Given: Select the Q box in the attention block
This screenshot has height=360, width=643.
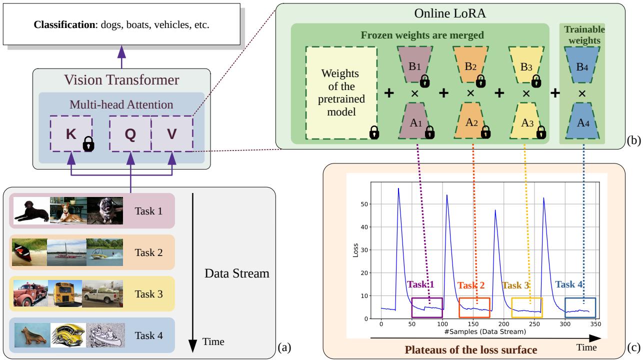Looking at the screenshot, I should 130,134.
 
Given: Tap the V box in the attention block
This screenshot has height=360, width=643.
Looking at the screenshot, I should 172,134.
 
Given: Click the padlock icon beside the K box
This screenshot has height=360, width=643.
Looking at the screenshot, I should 88,144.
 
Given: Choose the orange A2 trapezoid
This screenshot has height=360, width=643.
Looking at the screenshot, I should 470,120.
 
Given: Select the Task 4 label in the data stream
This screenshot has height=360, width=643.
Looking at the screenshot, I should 148,335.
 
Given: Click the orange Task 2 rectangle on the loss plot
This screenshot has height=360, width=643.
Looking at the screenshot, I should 474,307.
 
